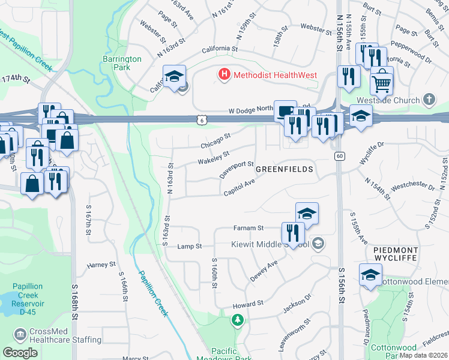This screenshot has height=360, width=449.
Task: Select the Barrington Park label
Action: click(x=122, y=63)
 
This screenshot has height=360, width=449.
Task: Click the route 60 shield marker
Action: click(x=339, y=156)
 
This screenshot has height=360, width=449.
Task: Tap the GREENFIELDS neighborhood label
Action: click(x=285, y=170)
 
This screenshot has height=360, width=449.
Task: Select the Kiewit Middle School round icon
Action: click(x=318, y=243)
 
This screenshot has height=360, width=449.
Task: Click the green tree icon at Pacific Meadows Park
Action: click(x=238, y=320)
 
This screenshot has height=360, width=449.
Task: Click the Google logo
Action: click(x=19, y=353)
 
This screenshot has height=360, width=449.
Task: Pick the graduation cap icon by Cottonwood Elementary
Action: click(x=370, y=275)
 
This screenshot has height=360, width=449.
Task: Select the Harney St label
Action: click(x=101, y=265)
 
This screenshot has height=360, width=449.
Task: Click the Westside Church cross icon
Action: click(x=429, y=98)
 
